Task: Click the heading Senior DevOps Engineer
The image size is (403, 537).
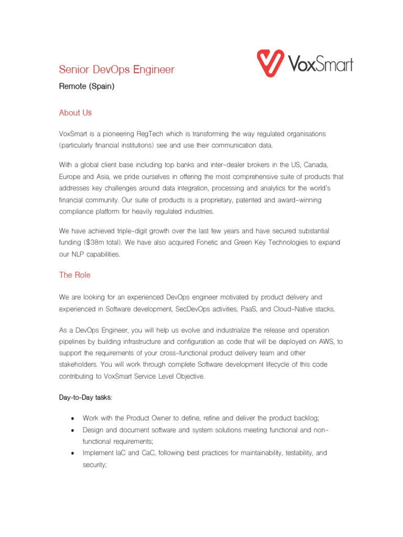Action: tap(116, 70)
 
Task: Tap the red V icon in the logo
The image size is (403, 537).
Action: tap(270, 63)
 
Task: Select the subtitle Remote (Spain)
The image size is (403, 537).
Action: tap(86, 87)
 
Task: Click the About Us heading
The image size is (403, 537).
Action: tap(76, 113)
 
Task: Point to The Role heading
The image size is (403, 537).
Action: tap(75, 275)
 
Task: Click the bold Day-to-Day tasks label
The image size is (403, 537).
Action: tap(85, 398)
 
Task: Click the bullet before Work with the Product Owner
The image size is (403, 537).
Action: tap(72, 418)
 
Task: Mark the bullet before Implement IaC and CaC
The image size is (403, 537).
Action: tap(72, 453)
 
